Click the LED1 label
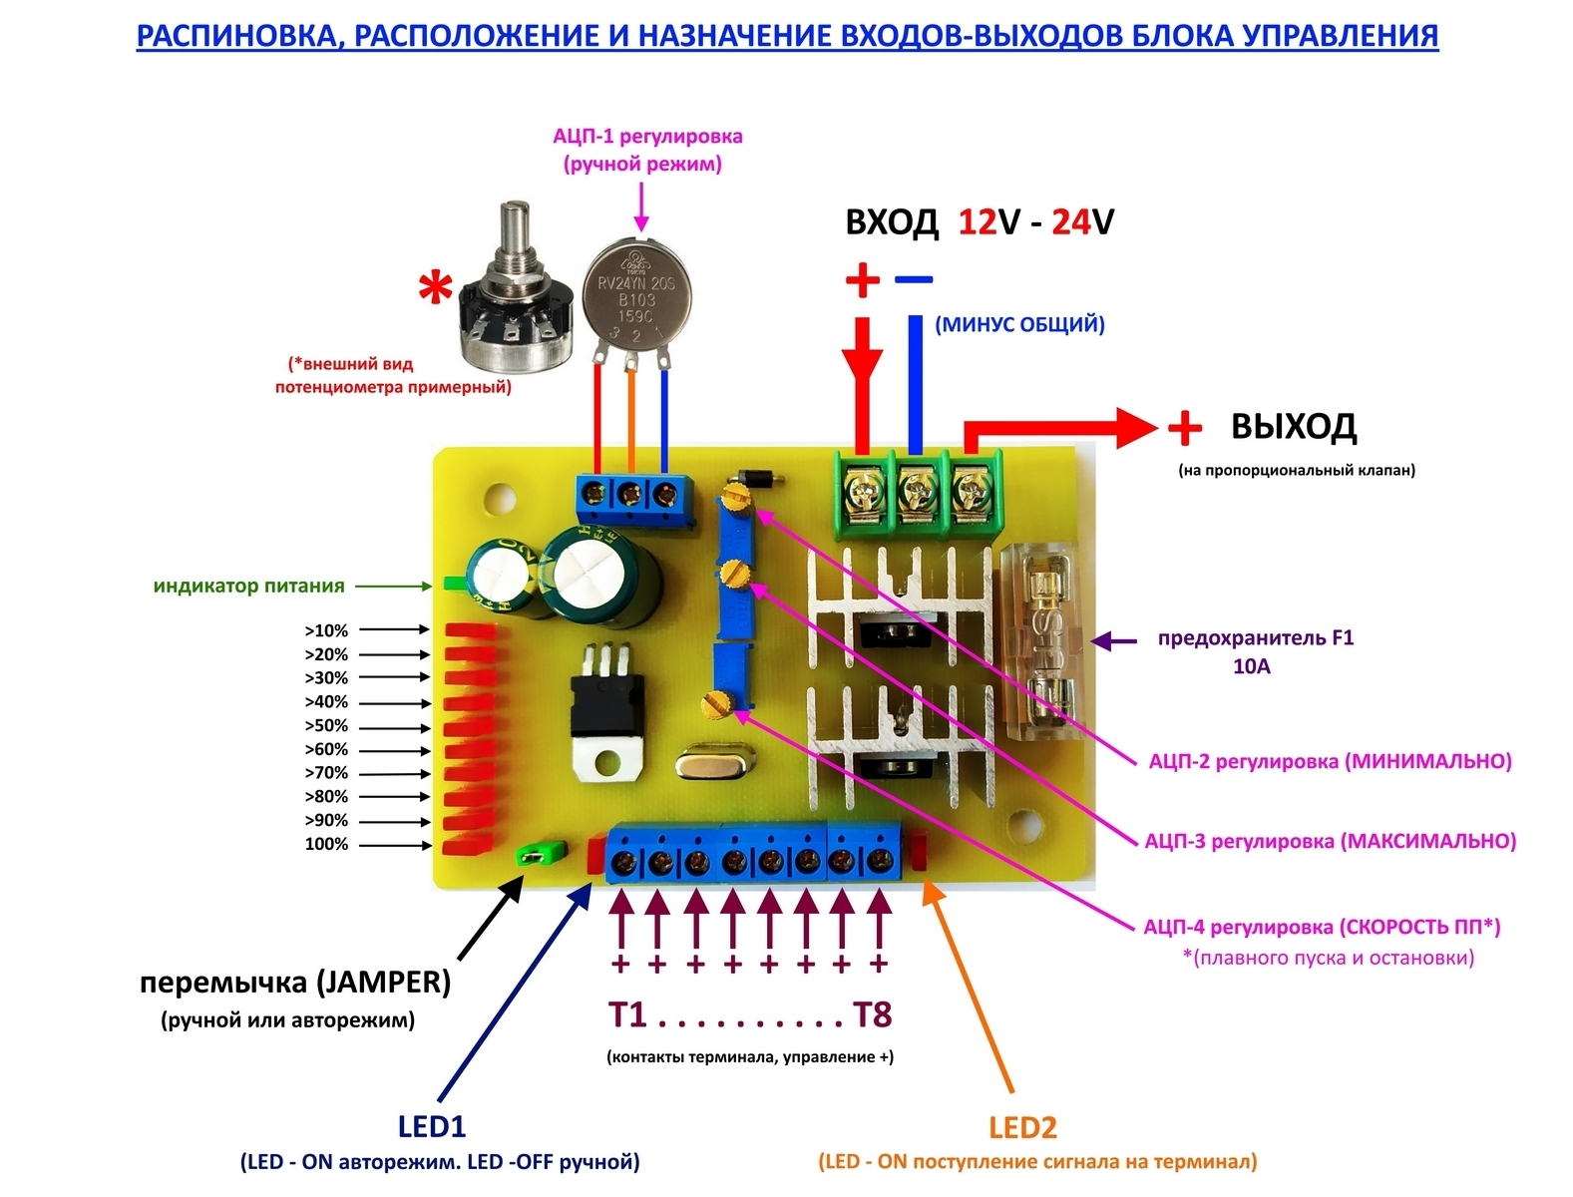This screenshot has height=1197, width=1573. tap(431, 1126)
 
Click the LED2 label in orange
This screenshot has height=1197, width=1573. tap(1021, 1127)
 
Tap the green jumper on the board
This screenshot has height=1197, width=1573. tap(540, 854)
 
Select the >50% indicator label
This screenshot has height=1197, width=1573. tap(326, 725)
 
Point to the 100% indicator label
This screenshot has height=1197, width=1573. tap(326, 844)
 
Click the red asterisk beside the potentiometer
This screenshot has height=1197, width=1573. tap(435, 291)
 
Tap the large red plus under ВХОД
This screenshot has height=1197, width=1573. tap(862, 280)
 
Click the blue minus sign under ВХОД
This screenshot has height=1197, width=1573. tap(913, 279)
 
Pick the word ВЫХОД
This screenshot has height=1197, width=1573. tap(1293, 427)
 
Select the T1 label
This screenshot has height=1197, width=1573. tap(628, 1015)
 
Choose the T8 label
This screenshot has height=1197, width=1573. tap(872, 1015)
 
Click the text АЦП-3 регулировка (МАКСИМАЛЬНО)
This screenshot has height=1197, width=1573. tap(1330, 841)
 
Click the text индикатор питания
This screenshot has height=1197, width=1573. tap(248, 587)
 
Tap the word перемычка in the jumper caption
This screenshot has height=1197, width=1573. tap(223, 983)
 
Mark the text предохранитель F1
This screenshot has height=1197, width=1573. tap(1255, 638)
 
